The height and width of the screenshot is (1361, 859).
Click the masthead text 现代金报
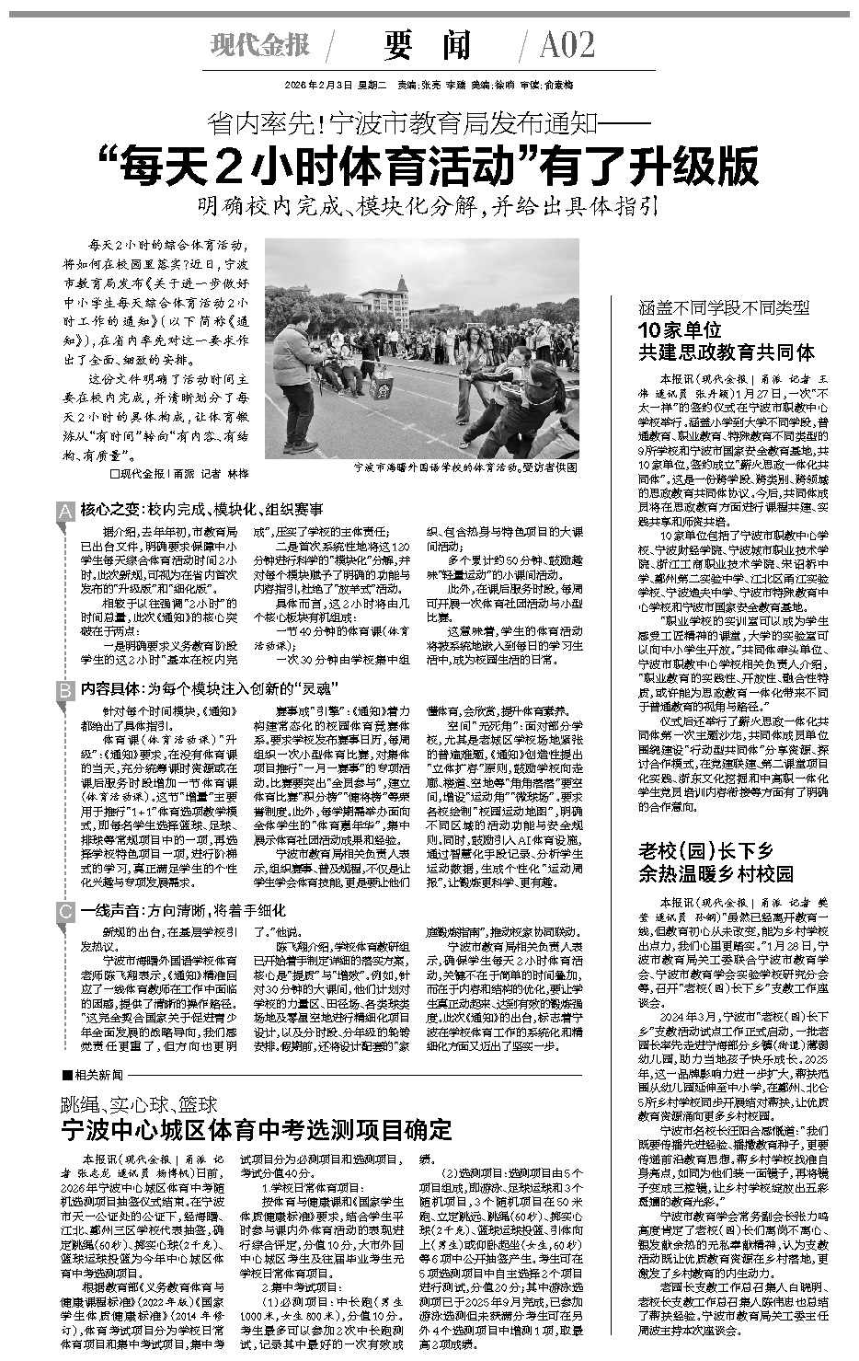[259, 43]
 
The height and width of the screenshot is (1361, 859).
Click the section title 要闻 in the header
[428, 44]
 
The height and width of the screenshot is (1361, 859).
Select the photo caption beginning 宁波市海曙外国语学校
[464, 467]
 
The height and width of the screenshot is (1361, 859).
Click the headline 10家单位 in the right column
[681, 330]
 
